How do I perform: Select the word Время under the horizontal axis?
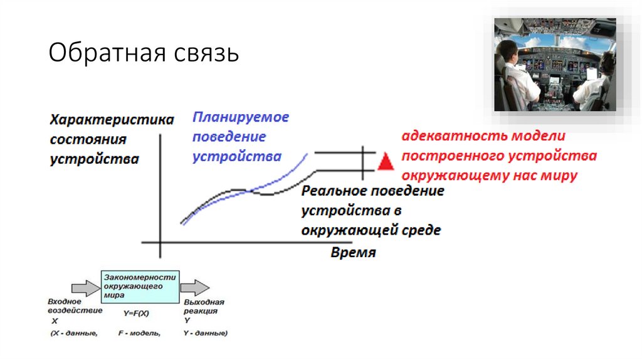(x=353, y=253)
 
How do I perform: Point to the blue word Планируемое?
(x=240, y=117)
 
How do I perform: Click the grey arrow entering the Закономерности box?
(x=85, y=287)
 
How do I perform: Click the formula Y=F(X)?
(x=137, y=312)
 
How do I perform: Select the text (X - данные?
(x=74, y=333)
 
